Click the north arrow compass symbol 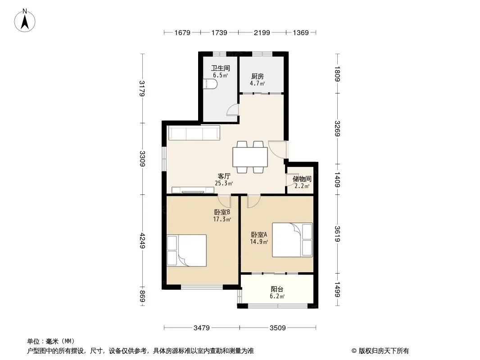coord(25,21)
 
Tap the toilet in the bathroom coord(210,85)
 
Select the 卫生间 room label coord(220,68)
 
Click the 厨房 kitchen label coord(258,76)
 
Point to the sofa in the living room coord(194,133)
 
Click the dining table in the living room coord(250,157)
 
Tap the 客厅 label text coord(224,176)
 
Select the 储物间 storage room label coord(302,179)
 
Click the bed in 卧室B coord(186,251)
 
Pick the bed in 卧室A coord(292,240)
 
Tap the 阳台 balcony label coord(277,289)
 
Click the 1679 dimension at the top coord(182,32)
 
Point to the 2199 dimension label coord(262,32)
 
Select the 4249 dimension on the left coord(142,240)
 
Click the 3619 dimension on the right coord(337,234)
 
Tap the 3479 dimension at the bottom coord(201,328)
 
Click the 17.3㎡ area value coord(222,219)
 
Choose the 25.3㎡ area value coord(224,183)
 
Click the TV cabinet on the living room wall coord(193,190)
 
